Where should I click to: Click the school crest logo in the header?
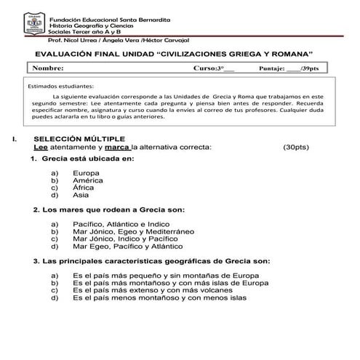[x=33, y=24]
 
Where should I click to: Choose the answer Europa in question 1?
[x=87, y=173]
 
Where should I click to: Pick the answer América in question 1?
[x=88, y=180]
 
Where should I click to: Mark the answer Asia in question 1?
[x=81, y=195]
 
